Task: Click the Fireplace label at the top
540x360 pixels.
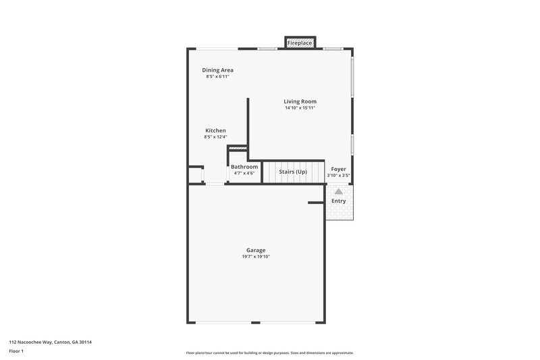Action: click(x=300, y=43)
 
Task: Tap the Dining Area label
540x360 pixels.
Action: click(x=217, y=70)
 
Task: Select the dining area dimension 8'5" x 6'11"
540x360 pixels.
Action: click(x=217, y=76)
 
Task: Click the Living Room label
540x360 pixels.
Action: click(x=300, y=101)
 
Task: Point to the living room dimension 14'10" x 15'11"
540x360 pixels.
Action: click(x=300, y=108)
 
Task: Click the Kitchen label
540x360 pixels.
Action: click(x=215, y=130)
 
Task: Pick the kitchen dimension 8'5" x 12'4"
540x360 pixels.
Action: click(x=215, y=137)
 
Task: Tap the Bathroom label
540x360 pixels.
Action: click(x=244, y=167)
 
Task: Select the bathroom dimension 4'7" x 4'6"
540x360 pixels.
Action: click(x=244, y=174)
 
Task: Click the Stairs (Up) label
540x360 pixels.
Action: click(x=293, y=172)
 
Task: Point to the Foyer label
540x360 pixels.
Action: click(x=338, y=169)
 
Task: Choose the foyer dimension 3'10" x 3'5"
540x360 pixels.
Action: click(x=338, y=176)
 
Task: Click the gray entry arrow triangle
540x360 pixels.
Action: click(x=338, y=192)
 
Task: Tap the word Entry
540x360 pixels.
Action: click(x=338, y=201)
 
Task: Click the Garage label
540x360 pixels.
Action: click(x=255, y=250)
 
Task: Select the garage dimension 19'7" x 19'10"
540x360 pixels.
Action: click(x=255, y=257)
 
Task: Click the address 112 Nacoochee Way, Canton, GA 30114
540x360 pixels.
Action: click(x=50, y=342)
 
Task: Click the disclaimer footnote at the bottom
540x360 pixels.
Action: click(x=269, y=353)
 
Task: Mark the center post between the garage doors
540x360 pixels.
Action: click(x=255, y=322)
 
